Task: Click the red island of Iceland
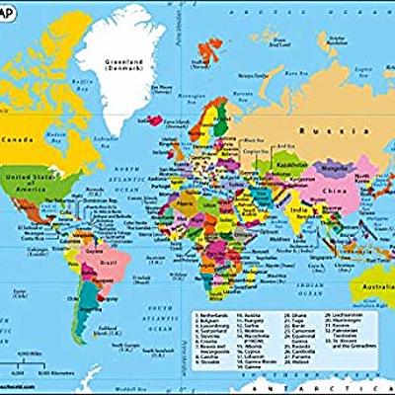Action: pos(150,120)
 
